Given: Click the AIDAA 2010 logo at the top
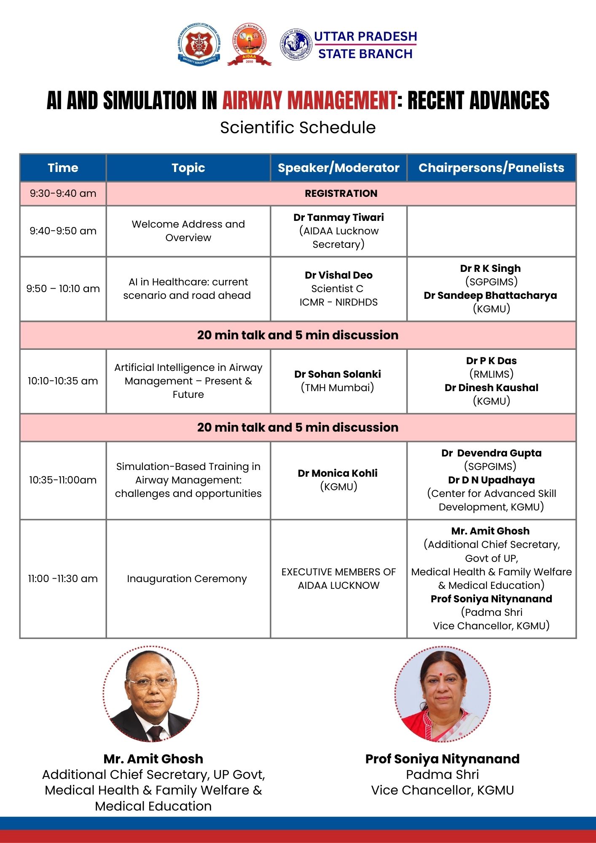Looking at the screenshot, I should [249, 44].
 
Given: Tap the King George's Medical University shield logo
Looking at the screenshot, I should [199, 44].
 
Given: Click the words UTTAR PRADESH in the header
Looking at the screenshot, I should [365, 36].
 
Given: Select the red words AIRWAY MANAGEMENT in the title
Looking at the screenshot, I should [309, 101].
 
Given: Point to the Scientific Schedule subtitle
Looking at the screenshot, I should [298, 127].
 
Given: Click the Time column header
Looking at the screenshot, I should [63, 168].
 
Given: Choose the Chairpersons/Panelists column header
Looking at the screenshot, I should [491, 168].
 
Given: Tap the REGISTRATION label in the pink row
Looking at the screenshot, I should [341, 193].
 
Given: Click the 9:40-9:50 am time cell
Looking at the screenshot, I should [63, 231].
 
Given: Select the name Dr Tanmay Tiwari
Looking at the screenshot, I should [338, 217].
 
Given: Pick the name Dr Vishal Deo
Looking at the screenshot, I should [338, 275].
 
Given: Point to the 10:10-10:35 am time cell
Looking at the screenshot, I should [63, 381].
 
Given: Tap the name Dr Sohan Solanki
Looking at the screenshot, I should [337, 374].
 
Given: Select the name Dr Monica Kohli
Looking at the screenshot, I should [337, 473].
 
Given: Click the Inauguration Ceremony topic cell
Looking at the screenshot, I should [187, 579].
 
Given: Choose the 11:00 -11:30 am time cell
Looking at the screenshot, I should [63, 579].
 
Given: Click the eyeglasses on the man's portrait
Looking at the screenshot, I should [150, 682].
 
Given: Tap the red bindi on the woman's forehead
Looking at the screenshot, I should [440, 674].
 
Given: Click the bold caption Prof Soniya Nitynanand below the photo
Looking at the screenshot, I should [442, 759].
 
